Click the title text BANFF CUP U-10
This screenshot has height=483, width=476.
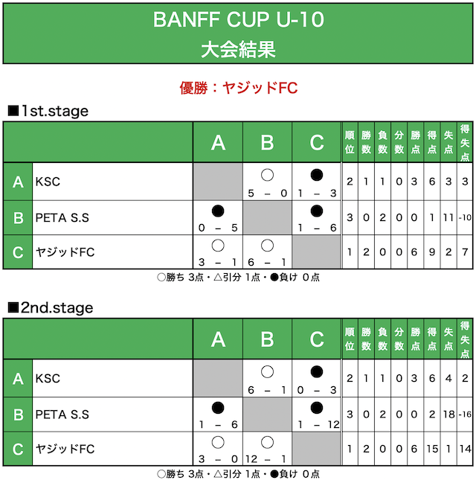click(238, 19)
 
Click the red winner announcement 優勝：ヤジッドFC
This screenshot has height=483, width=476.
click(238, 88)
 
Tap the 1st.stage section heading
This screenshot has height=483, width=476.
click(48, 111)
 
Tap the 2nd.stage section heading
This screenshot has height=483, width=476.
click(51, 307)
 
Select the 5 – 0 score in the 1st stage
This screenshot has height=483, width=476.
click(267, 193)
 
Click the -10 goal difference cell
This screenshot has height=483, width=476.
click(465, 218)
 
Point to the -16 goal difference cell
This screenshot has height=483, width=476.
click(465, 415)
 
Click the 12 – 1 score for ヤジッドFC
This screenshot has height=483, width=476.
click(266, 459)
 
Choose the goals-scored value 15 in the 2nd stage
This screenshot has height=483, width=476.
click(432, 449)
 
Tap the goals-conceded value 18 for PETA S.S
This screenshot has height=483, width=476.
click(448, 415)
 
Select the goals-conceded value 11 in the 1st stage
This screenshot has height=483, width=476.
click(448, 218)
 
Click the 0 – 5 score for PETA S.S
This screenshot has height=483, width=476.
click(218, 228)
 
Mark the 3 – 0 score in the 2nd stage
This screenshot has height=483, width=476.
click(218, 459)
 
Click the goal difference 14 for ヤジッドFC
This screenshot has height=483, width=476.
click(465, 449)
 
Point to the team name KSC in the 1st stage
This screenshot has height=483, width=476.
click(48, 182)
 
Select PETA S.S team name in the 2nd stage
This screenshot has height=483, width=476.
click(62, 415)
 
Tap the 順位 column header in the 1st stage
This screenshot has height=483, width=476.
click(350, 142)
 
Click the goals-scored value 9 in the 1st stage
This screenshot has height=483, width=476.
click(432, 252)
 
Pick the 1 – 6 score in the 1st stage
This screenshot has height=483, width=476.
click(317, 228)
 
